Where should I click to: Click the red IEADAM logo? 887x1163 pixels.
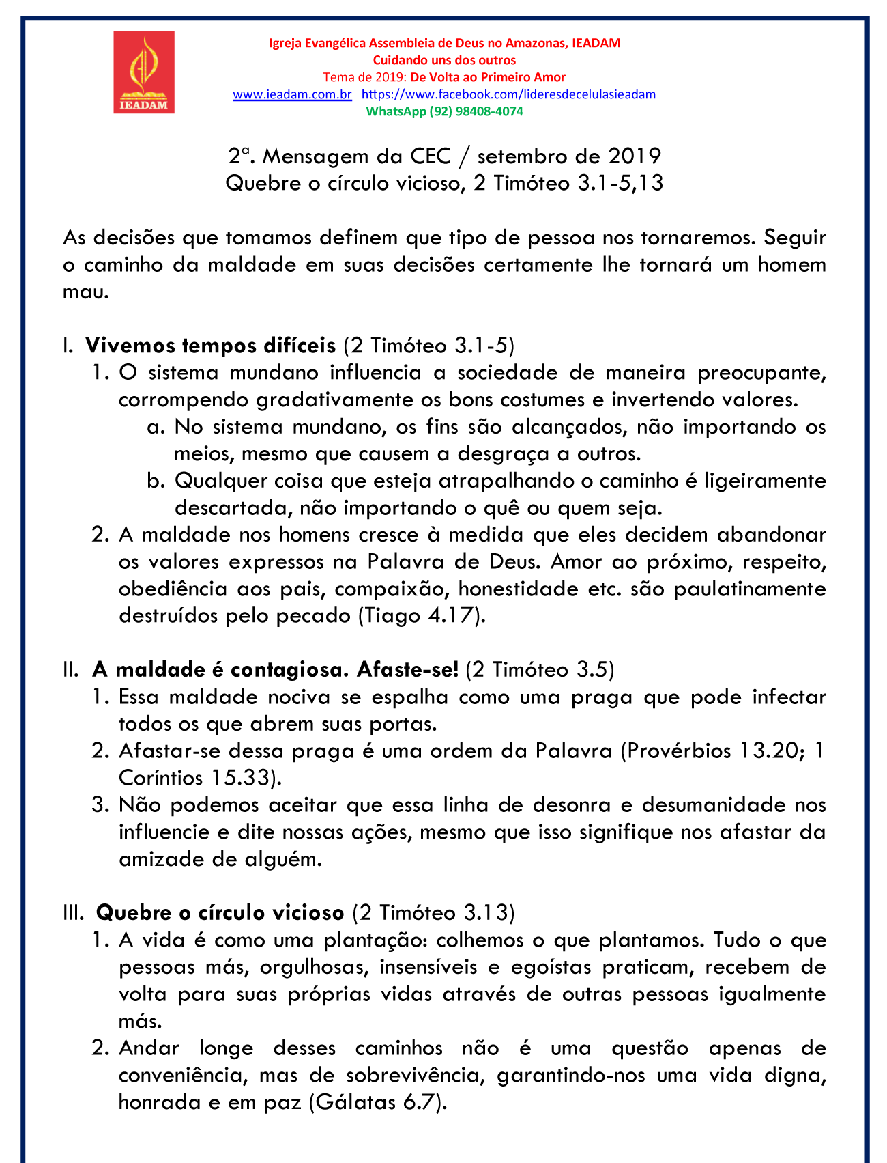[x=144, y=72]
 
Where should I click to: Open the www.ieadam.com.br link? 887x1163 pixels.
[x=292, y=94]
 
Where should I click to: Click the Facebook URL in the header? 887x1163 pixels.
[x=508, y=94]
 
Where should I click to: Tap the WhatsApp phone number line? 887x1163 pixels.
[x=445, y=111]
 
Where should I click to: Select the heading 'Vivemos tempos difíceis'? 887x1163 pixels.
[x=210, y=346]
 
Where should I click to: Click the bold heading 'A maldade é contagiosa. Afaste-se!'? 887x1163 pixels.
[x=275, y=669]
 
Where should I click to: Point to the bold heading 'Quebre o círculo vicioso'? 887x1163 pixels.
[x=220, y=912]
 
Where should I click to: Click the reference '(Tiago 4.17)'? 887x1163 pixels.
[x=422, y=615]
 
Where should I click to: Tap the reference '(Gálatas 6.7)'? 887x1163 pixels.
[x=378, y=1102]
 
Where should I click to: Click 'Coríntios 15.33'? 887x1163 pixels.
[x=195, y=778]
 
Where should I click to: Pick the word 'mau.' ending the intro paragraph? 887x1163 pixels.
[x=86, y=292]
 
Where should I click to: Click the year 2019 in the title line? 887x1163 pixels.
[x=635, y=156]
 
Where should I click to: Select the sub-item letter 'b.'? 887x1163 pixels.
[x=156, y=481]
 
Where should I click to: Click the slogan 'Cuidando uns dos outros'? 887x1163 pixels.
[x=444, y=60]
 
